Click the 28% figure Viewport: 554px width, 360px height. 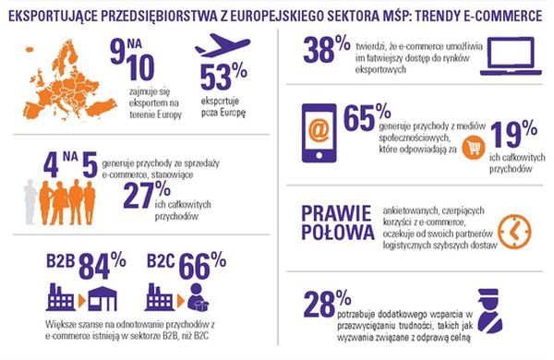point(331,302)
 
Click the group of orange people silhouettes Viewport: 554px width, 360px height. point(45,198)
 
